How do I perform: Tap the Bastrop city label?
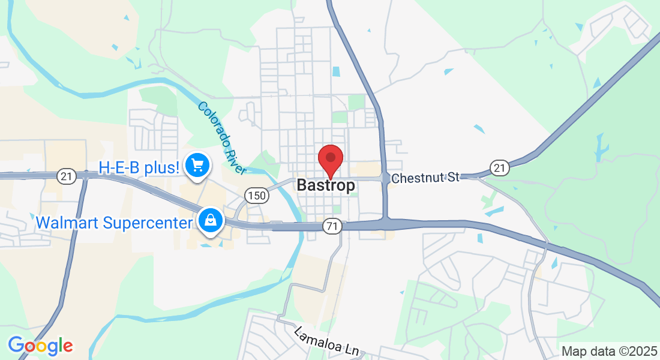click(x=326, y=185)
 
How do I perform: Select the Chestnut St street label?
click(x=425, y=178)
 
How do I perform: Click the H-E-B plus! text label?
click(x=140, y=167)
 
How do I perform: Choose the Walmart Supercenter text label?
click(x=113, y=223)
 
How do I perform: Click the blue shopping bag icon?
click(x=211, y=221)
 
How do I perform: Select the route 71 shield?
click(x=331, y=226)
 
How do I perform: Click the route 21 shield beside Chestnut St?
click(x=499, y=168)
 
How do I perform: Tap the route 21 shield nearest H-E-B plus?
click(x=67, y=176)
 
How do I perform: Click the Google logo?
click(x=40, y=346)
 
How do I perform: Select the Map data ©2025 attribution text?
click(x=608, y=351)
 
